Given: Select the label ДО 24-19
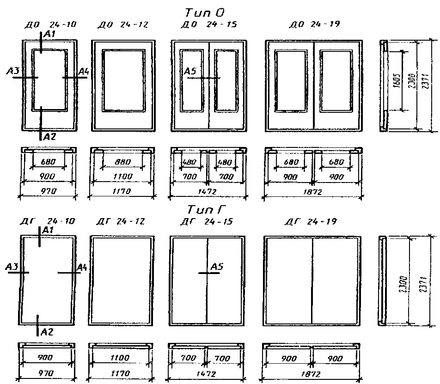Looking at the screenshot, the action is point(314,24).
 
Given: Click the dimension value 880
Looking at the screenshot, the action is point(122,162).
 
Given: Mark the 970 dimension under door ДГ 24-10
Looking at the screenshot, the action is point(46,372).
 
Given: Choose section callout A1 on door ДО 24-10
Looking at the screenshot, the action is point(49,34).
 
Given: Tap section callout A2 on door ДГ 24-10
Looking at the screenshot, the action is point(47,331).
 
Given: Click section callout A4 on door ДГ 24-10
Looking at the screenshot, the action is point(82,267).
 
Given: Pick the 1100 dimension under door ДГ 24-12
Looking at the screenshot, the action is point(121,358).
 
